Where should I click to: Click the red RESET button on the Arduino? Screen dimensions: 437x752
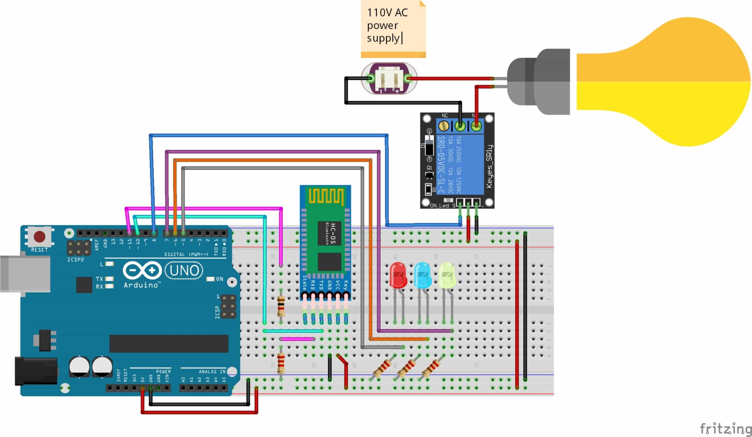point(39,236)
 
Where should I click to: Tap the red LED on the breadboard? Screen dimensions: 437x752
point(398,275)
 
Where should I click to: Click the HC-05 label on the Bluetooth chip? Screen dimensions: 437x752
point(333,233)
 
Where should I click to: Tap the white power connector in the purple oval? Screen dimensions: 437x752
point(389,78)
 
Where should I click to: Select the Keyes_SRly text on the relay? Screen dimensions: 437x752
point(489,166)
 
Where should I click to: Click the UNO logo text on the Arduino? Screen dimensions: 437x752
point(184,271)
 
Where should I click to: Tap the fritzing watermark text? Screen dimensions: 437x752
point(725,429)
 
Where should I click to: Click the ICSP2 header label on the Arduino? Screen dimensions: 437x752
point(75,259)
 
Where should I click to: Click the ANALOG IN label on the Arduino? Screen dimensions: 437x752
point(212,372)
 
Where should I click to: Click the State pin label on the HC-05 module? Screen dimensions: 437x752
point(304,282)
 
